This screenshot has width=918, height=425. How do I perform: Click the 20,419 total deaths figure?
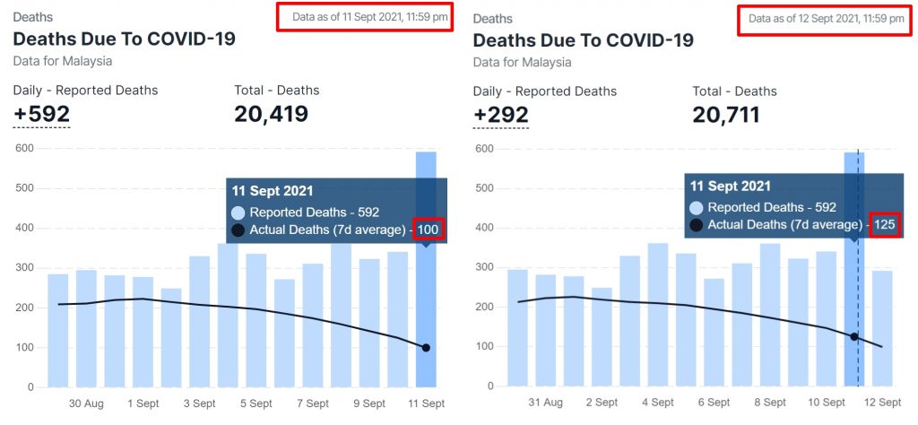271,115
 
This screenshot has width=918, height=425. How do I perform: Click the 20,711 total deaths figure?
726,115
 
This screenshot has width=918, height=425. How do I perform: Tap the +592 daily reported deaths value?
41,115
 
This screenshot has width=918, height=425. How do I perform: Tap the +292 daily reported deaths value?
500,115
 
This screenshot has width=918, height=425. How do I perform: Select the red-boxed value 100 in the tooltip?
429,230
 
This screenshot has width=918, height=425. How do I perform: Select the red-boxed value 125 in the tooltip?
886,224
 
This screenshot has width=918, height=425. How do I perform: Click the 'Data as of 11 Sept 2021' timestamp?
363,16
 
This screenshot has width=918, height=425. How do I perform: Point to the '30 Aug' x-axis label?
86,403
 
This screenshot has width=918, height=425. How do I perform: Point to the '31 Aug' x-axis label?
545,403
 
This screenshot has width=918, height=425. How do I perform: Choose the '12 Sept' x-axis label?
883,403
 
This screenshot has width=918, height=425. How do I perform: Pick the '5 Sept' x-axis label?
256,403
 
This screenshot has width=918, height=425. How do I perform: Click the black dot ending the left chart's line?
426,348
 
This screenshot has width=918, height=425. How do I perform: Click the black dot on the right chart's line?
854,337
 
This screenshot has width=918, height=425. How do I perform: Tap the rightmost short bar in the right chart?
882,328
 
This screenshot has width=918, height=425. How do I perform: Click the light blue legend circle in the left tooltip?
238,212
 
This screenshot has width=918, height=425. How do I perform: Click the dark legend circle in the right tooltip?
696,224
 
